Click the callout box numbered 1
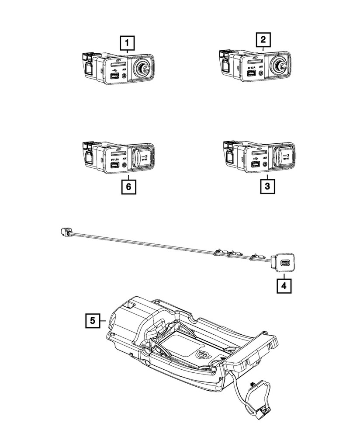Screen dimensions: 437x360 point(127,44)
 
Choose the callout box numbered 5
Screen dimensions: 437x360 point(92,321)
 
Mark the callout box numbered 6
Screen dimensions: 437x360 point(128,187)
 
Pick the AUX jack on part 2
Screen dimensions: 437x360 point(261,73)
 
